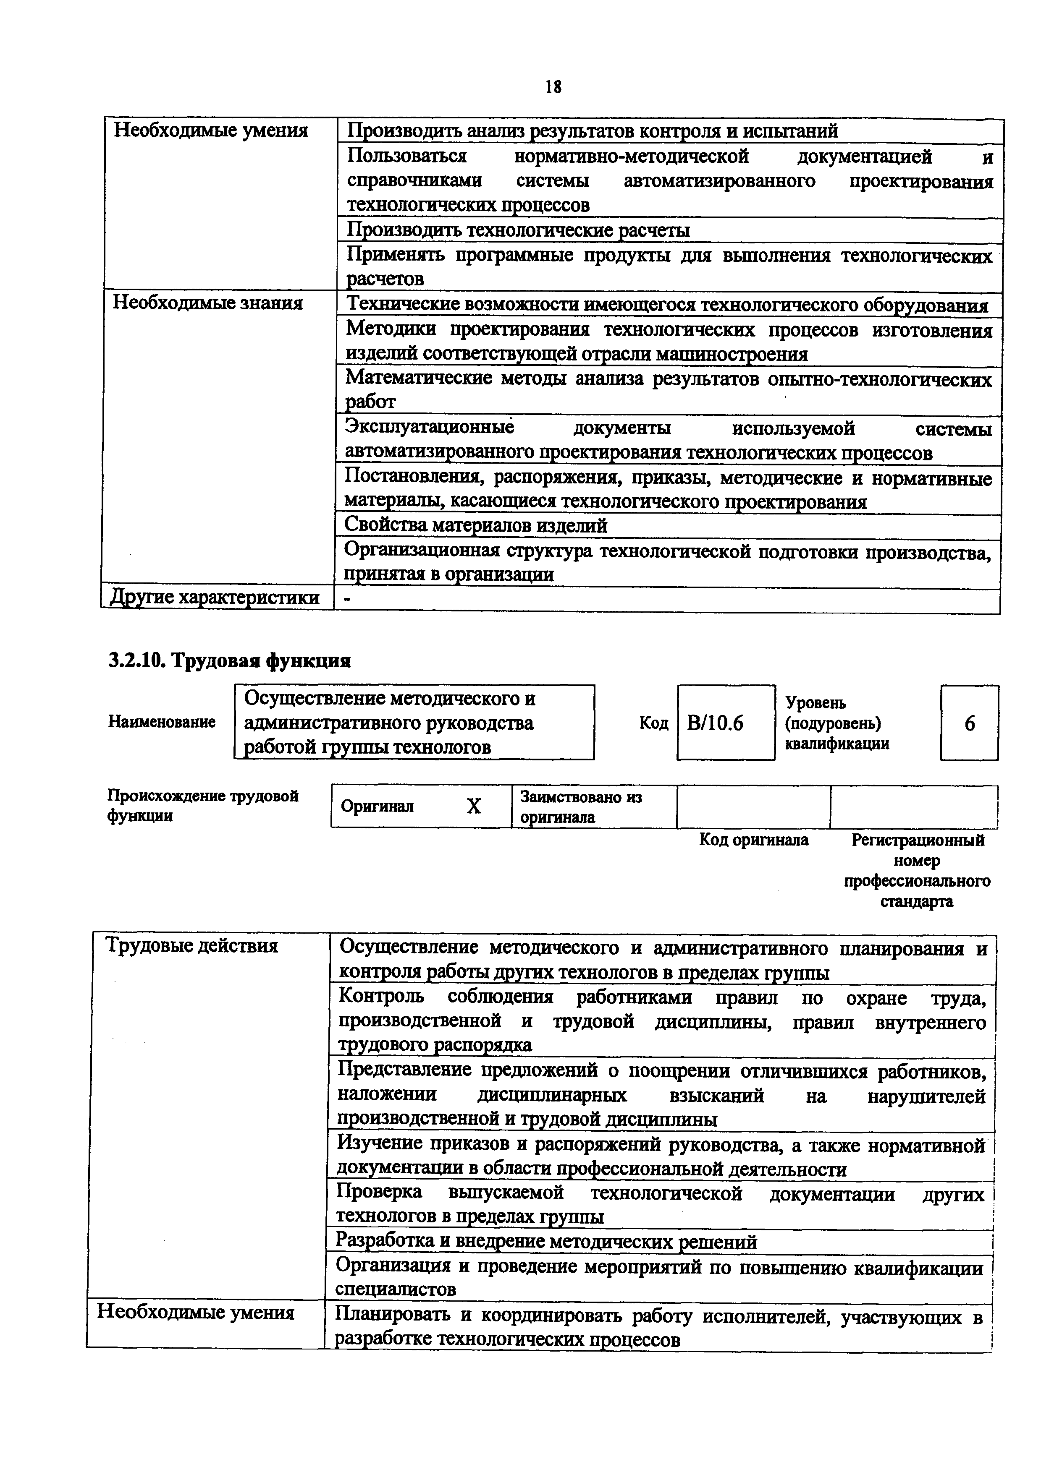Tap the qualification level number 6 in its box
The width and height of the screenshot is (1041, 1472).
coord(969,723)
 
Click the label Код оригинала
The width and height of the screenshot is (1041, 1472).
coord(754,840)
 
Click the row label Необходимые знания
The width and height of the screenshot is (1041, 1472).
coord(208,303)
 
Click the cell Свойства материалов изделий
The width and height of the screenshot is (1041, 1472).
coord(475,526)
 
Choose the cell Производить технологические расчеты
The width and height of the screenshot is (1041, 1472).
coord(518,230)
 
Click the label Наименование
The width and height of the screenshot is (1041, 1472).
coord(162,722)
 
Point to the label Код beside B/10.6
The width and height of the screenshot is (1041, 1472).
coord(653,723)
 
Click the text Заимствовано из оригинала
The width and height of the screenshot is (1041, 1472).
coord(580,806)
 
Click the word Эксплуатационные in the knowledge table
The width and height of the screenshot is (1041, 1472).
coord(430,428)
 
